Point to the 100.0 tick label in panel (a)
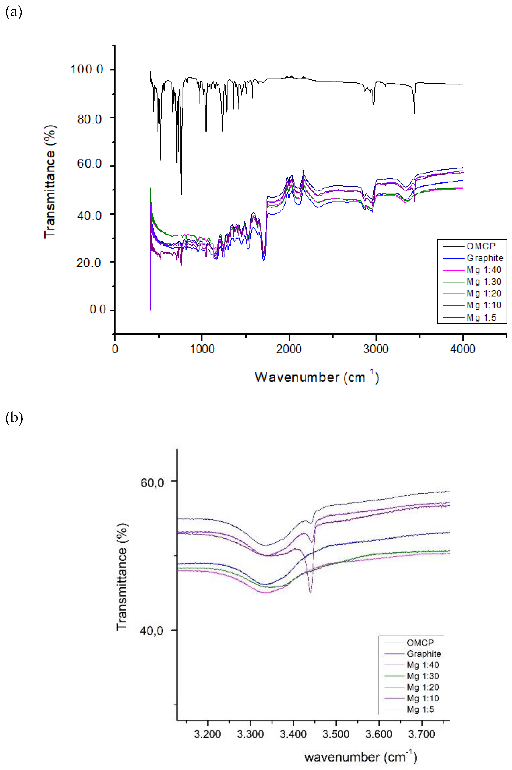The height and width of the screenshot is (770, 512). pyautogui.click(x=87, y=70)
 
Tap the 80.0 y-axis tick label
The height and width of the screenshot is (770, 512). pyautogui.click(x=90, y=119)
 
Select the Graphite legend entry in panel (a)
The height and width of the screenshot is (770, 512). pyautogui.click(x=485, y=258)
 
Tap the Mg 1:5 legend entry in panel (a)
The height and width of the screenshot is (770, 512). pyautogui.click(x=481, y=317)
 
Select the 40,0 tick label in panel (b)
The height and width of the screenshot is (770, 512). pyautogui.click(x=151, y=630)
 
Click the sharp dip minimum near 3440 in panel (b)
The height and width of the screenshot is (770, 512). pyautogui.click(x=310, y=592)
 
